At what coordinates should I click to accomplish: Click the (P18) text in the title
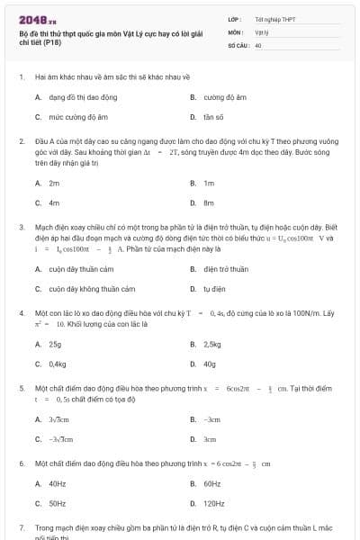[x=51, y=42]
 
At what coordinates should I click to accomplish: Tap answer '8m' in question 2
[x=209, y=202]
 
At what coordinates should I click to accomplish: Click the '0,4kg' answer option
[x=58, y=364]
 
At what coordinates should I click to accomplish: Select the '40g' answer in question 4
[x=210, y=364]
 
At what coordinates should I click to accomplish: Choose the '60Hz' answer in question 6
[x=211, y=484]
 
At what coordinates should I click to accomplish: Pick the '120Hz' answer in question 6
[x=214, y=504]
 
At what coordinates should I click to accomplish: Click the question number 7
[x=22, y=526]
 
